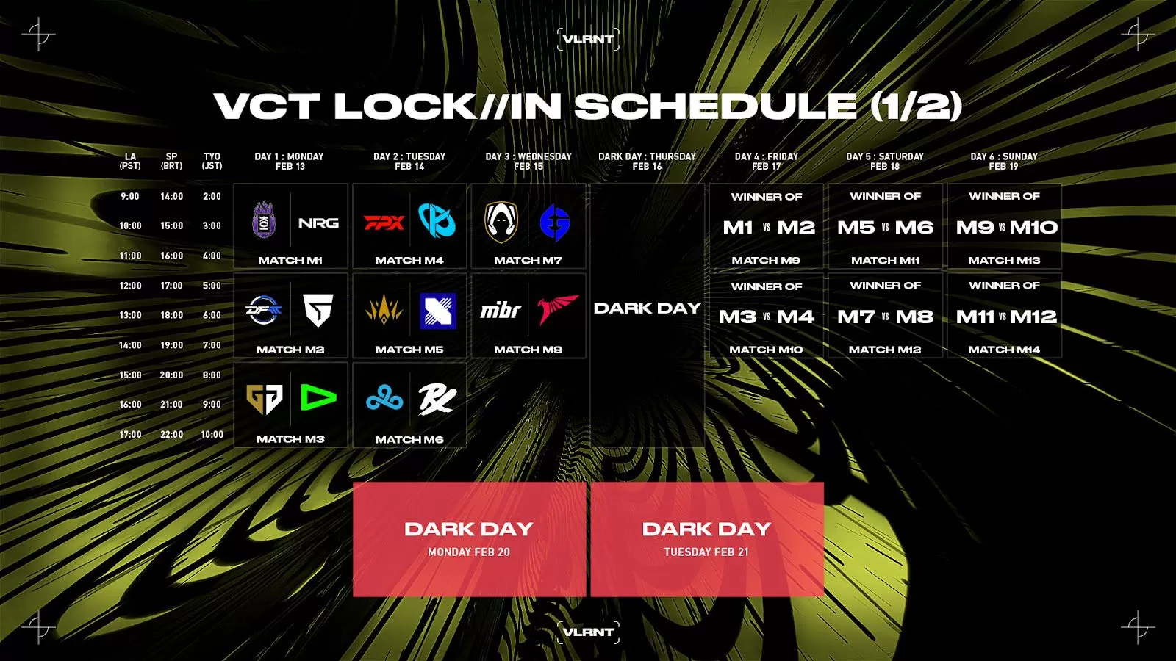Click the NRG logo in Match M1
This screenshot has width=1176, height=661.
coord(318,223)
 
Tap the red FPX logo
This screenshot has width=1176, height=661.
coord(384,223)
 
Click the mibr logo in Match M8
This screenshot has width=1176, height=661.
coord(501,310)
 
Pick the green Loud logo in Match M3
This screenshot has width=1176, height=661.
coord(318,397)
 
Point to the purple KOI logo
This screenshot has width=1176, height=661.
coord(264,220)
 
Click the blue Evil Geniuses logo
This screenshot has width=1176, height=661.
coord(555,223)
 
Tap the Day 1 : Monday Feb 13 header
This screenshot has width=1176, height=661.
coord(290,161)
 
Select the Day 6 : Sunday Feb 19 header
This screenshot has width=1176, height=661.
coord(1004,161)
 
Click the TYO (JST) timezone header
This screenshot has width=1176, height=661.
coord(212,161)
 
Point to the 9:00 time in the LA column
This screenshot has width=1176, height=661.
coord(129,196)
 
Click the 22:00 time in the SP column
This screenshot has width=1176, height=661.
coord(172,434)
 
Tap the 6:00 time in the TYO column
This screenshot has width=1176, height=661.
coord(212,315)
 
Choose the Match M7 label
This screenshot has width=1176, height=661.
coord(528,260)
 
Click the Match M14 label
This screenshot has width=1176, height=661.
coord(1004,350)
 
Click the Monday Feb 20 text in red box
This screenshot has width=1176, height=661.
coord(469,552)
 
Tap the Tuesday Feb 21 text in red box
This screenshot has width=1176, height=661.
coord(706,552)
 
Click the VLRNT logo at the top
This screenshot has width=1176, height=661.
coord(588,40)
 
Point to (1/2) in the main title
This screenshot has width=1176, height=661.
coord(916,106)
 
